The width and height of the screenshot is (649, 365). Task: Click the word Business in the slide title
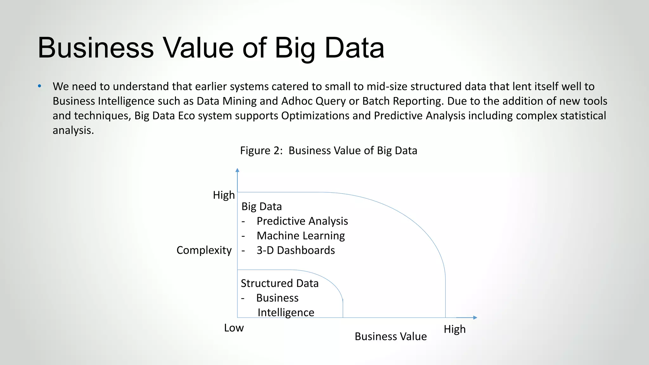(x=96, y=48)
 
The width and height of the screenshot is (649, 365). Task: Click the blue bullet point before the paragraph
(x=40, y=86)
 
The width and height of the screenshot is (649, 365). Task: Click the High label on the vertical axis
(x=224, y=195)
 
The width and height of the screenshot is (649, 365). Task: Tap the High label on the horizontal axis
(x=454, y=329)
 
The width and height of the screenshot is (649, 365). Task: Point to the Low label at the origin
(x=234, y=328)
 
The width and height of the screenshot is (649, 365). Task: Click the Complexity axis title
(x=204, y=250)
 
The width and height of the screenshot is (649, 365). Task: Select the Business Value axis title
(x=390, y=336)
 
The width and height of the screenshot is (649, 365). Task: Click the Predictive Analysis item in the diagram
(x=302, y=221)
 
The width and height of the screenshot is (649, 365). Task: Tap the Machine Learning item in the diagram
(x=300, y=236)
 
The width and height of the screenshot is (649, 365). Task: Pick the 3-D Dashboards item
(x=295, y=250)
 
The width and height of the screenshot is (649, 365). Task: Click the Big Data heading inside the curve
(x=261, y=207)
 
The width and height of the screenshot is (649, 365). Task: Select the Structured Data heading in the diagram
(x=280, y=283)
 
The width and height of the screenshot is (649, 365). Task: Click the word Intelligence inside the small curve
(x=286, y=313)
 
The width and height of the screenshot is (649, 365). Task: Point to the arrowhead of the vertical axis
(x=237, y=170)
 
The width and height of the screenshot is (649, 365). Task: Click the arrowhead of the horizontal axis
(x=475, y=317)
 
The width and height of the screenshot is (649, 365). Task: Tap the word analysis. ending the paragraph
(x=73, y=130)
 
